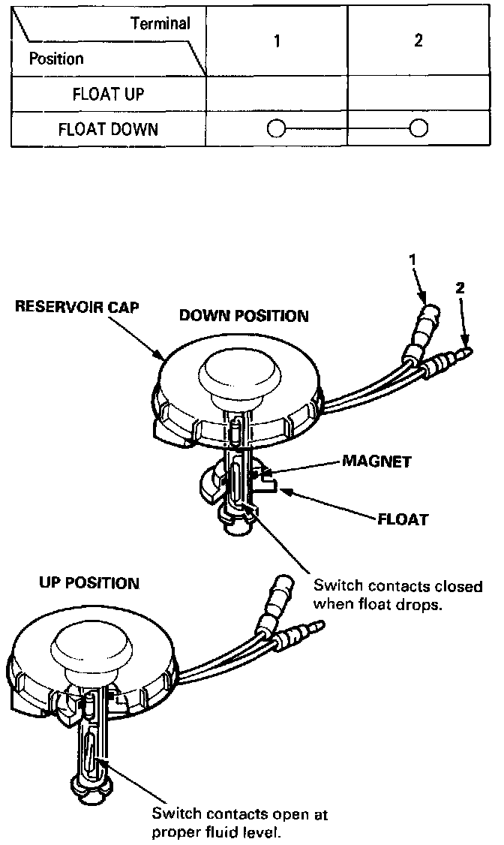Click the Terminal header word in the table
pyautogui.click(x=160, y=23)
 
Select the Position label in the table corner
pyautogui.click(x=56, y=59)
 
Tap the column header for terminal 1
pyautogui.click(x=277, y=41)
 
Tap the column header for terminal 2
pyautogui.click(x=418, y=41)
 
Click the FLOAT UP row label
pyautogui.click(x=108, y=95)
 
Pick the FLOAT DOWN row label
pyautogui.click(x=108, y=129)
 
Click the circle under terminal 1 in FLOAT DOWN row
pyautogui.click(x=276, y=129)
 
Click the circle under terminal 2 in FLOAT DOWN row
pyautogui.click(x=418, y=129)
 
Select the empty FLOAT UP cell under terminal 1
pyautogui.click(x=277, y=95)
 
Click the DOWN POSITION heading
pyautogui.click(x=244, y=316)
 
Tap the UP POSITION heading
pyautogui.click(x=88, y=582)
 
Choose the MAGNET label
pyautogui.click(x=376, y=461)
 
